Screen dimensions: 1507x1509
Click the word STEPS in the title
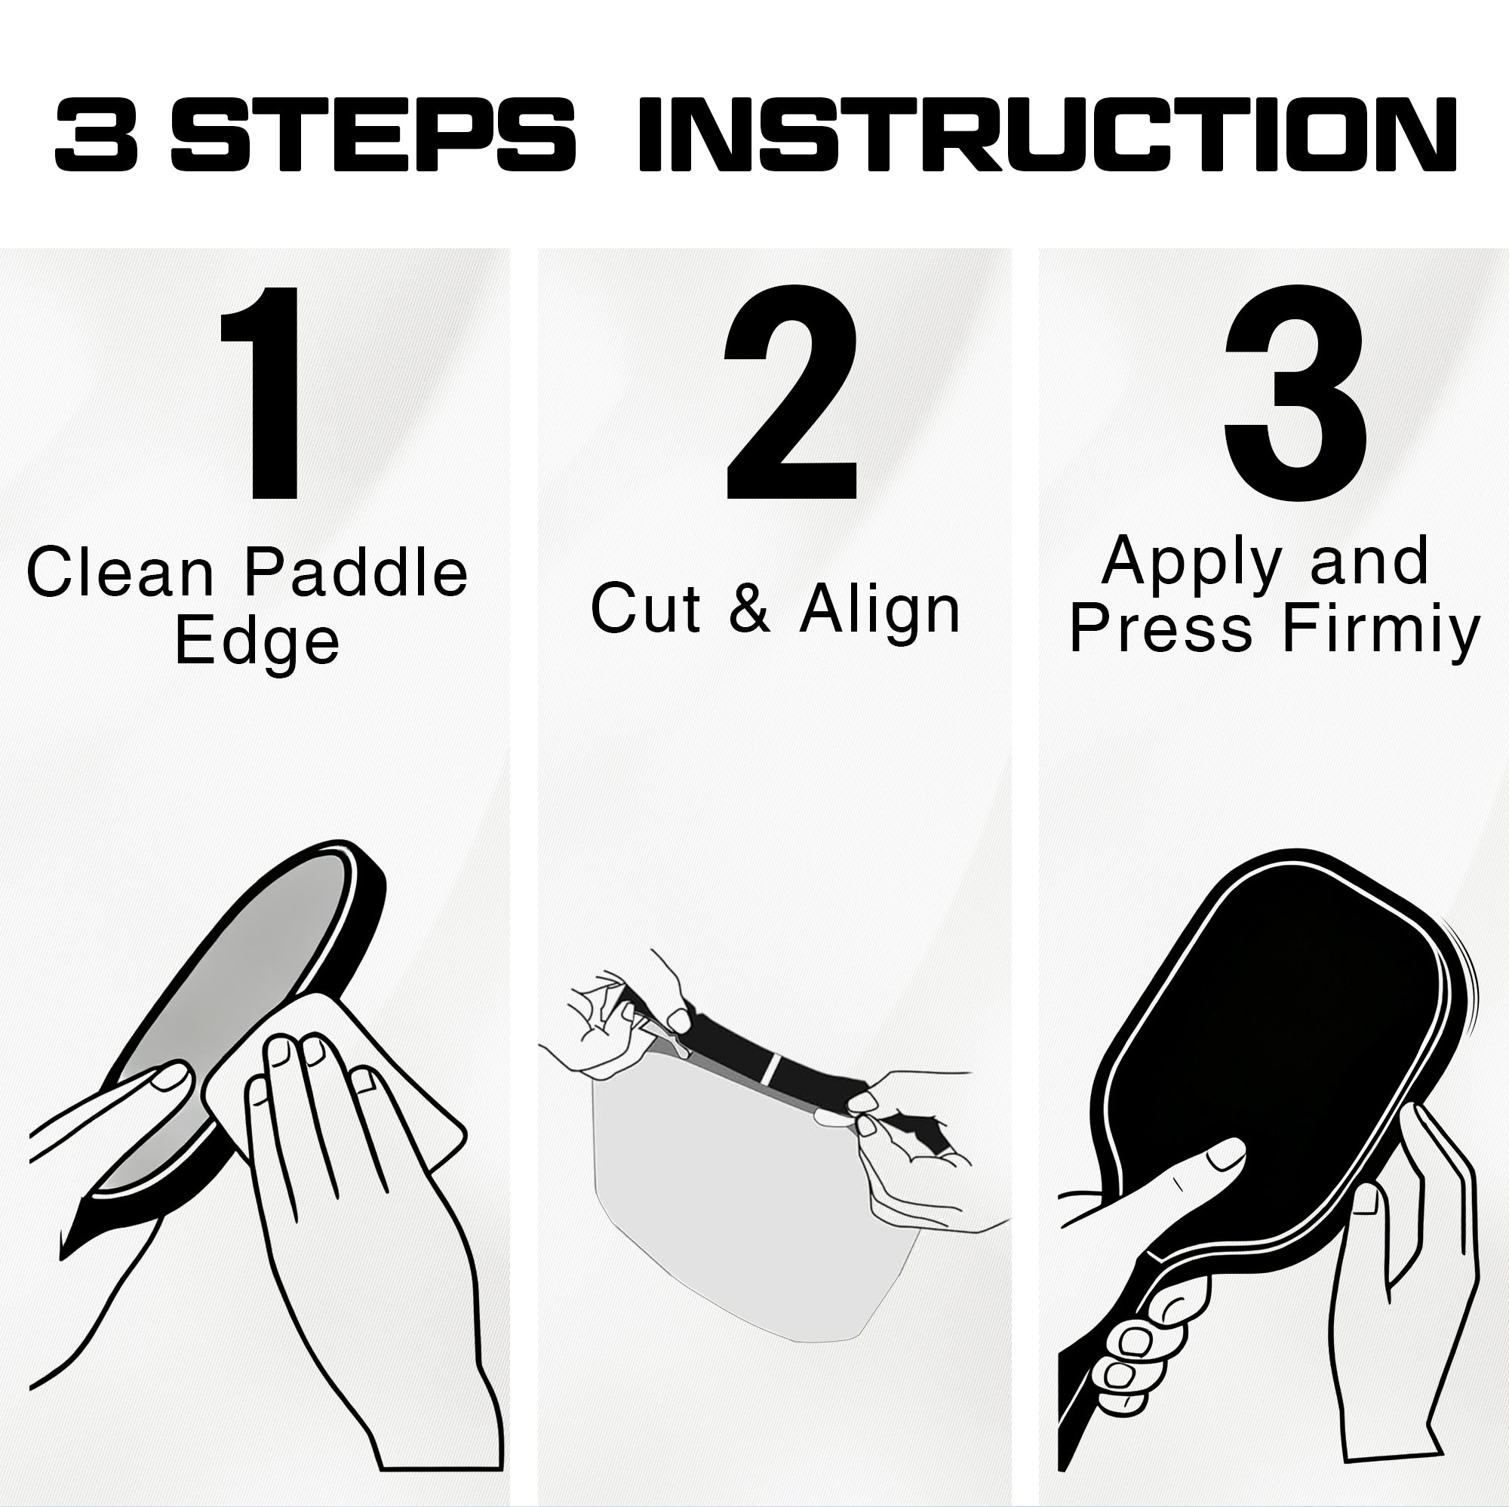pos(373,135)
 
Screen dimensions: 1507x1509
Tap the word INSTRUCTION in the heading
pos(1046,135)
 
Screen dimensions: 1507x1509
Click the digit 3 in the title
pos(97,135)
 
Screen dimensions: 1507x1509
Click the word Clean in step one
pos(120,573)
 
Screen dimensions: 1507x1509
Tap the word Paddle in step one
pos(356,573)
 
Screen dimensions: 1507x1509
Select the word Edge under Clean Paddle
pos(257,642)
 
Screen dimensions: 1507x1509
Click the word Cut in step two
pos(645,608)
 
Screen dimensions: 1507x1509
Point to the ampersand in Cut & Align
pos(750,608)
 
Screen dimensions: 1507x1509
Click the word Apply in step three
pos(1192,562)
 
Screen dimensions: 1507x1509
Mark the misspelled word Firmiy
pos(1381,630)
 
